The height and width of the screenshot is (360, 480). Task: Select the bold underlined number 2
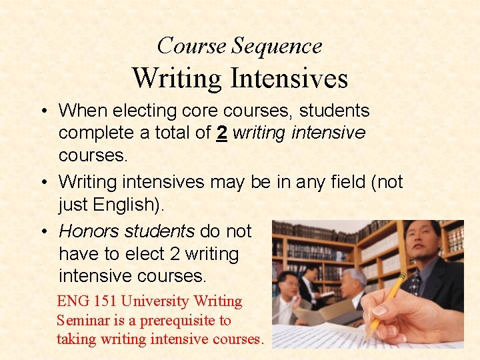221,133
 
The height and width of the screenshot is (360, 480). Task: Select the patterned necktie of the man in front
415,283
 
